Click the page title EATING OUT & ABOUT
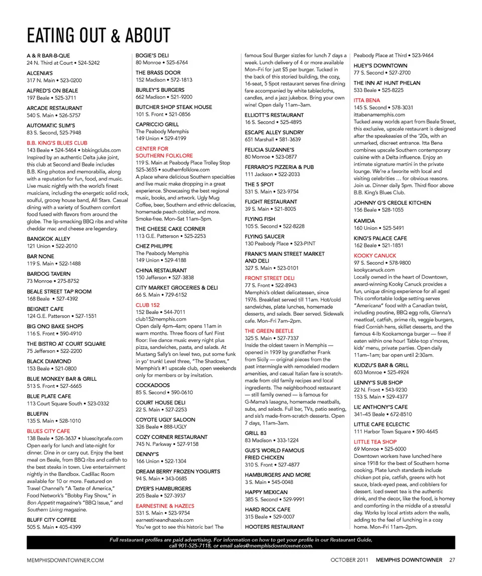[x=98, y=36]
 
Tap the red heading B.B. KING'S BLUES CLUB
[x=57, y=143]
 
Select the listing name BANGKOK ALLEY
[x=49, y=239]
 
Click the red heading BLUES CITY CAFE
[x=48, y=431]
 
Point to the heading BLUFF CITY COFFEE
[x=52, y=520]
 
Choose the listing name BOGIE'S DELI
[x=153, y=56]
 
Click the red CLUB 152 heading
[x=148, y=305]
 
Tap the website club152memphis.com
[x=161, y=319]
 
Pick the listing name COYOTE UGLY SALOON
[x=165, y=420]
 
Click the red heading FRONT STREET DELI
[x=270, y=278]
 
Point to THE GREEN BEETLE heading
[x=269, y=331]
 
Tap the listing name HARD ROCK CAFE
[x=268, y=510]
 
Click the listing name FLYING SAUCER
[x=264, y=237]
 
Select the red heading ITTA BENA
[x=367, y=100]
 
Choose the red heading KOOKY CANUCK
[x=375, y=256]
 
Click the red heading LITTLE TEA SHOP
[x=375, y=442]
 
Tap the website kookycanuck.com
[x=374, y=270]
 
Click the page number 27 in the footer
[x=452, y=560]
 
